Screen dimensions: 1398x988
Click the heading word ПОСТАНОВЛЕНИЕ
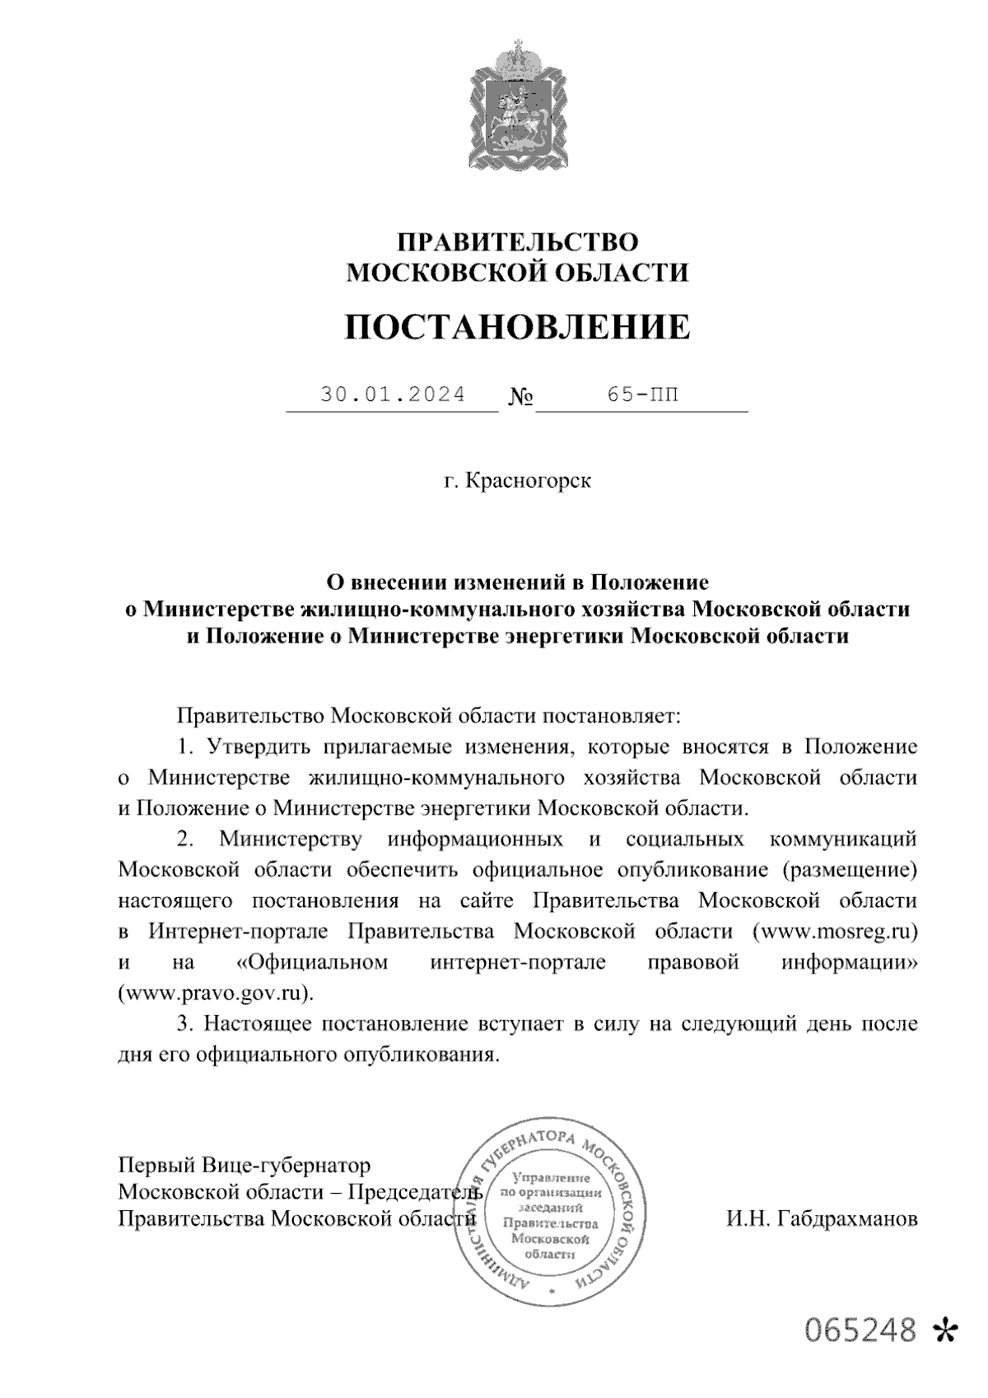[517, 327]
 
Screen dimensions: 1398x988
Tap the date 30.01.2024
[393, 395]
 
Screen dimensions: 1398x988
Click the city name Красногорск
[529, 479]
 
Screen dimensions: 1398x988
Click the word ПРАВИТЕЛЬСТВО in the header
[517, 242]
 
